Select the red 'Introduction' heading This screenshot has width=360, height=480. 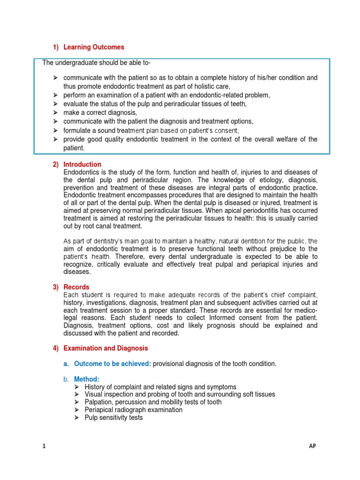(x=82, y=165)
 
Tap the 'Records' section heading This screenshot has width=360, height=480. (x=76, y=287)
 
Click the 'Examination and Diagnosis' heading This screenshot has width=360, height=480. (x=105, y=348)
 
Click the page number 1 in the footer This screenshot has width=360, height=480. (x=44, y=447)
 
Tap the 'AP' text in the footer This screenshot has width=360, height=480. (x=313, y=447)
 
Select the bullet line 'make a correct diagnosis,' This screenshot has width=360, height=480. (x=100, y=112)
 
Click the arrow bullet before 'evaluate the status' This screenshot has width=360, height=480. (x=55, y=104)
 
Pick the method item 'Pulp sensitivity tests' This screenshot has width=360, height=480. (x=114, y=417)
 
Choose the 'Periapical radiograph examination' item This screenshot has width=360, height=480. (x=134, y=410)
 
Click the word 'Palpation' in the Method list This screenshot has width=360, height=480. (x=98, y=402)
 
